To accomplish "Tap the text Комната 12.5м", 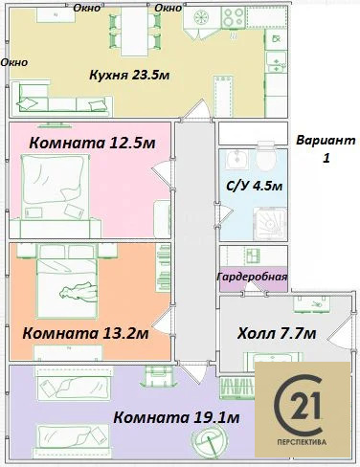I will click(93, 143).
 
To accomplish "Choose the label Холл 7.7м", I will click(277, 334).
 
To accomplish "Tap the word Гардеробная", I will click(252, 278).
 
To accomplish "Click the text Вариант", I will click(324, 140).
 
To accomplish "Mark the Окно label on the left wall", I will click(14, 62).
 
